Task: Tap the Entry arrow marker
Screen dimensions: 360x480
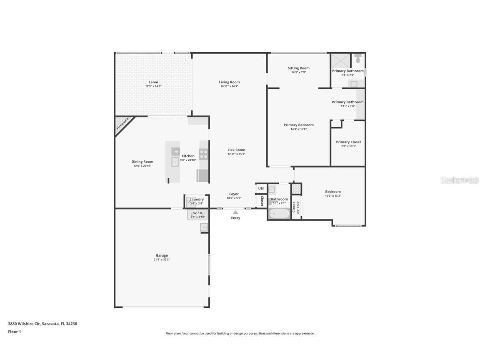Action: coord(235,212)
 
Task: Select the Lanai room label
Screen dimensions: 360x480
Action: coord(153,82)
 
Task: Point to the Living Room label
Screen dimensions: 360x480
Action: coord(229,82)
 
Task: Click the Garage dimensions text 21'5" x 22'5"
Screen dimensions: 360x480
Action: coord(162,260)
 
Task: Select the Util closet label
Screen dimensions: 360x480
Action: coord(261,188)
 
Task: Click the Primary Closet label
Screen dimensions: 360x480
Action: coord(348,142)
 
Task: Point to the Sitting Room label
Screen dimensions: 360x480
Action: coord(299,68)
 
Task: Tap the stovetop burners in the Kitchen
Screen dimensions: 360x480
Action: coord(203,154)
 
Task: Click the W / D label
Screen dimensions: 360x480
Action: coord(197,213)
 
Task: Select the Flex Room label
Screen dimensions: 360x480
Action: coord(236,150)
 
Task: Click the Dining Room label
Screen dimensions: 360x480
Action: coord(142,162)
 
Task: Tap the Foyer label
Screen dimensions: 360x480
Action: coord(234,194)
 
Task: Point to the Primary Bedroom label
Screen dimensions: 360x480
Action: coord(298,125)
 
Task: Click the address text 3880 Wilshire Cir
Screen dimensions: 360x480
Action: coord(24,323)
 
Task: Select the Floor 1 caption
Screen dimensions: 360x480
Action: coord(14,332)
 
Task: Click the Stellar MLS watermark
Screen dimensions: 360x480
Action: coord(459,180)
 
